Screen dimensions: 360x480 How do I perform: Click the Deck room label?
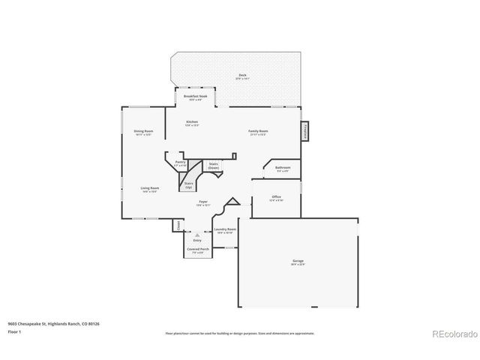click(x=242, y=76)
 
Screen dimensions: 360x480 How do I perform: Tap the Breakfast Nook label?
click(x=195, y=97)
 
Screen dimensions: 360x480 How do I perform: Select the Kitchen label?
click(x=192, y=122)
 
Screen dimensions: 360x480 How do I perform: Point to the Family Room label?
click(x=259, y=132)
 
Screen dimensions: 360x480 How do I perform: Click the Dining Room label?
click(x=143, y=133)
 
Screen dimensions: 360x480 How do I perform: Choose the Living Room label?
click(x=149, y=189)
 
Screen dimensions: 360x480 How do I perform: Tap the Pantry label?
click(x=180, y=163)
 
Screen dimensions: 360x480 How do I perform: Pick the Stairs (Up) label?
click(x=189, y=184)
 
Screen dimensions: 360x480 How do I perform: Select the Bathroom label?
click(x=283, y=169)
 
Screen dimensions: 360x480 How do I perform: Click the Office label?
click(x=277, y=199)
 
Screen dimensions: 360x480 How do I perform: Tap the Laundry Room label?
click(x=225, y=230)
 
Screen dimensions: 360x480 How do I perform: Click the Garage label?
click(x=298, y=262)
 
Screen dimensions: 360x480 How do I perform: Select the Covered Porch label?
click(x=198, y=250)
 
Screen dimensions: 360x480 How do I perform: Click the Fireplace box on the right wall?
click(x=305, y=131)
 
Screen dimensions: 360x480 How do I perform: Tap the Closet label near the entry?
click(x=178, y=225)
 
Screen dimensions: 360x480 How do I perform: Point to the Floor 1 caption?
click(x=15, y=331)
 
